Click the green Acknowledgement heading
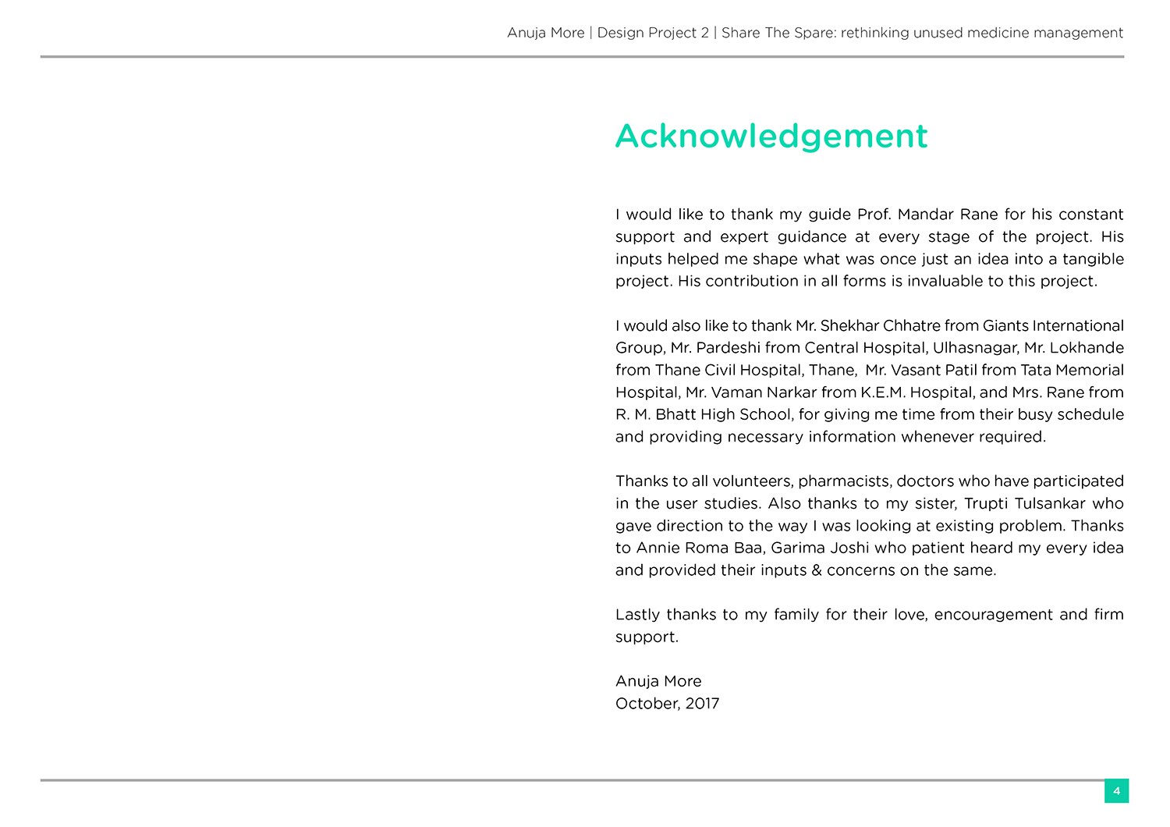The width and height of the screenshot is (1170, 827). pyautogui.click(x=771, y=137)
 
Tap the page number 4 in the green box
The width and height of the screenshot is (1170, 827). pyautogui.click(x=1116, y=791)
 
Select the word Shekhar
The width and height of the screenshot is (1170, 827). pyautogui.click(x=849, y=326)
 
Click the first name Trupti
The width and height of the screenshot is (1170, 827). pyautogui.click(x=985, y=504)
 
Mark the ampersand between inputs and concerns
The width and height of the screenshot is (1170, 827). pyautogui.click(x=817, y=570)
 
